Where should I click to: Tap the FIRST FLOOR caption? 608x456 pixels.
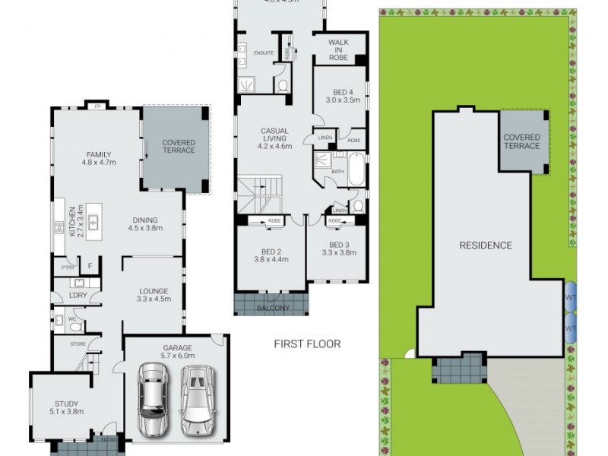pos(307,344)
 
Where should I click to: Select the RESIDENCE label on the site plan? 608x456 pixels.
pos(486,245)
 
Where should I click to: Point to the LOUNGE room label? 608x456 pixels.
pos(153,291)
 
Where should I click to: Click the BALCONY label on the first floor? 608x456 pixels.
pos(271,308)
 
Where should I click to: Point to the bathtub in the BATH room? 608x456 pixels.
pos(355,166)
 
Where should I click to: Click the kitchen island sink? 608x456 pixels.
pos(93,222)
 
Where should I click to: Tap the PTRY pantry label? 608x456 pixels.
pos(67,267)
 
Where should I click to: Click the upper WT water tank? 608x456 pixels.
pos(570,294)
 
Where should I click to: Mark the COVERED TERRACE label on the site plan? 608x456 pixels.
pos(521,141)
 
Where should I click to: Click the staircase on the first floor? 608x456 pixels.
pos(258,195)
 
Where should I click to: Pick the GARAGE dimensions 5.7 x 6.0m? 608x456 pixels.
pos(176,354)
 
